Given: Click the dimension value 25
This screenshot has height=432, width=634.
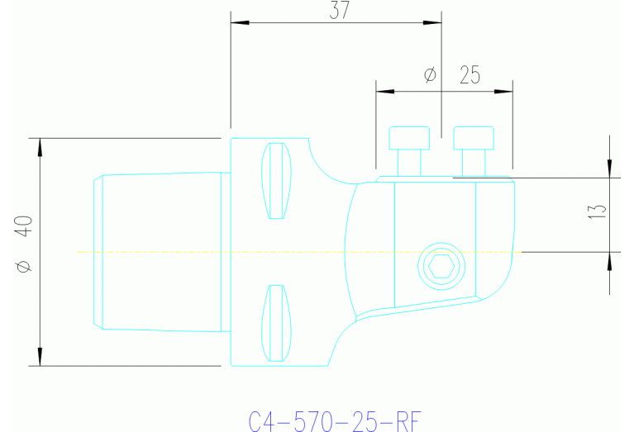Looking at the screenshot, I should (x=470, y=75).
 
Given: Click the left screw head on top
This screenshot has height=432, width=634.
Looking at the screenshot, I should (x=410, y=138).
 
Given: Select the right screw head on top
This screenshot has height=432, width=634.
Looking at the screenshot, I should (x=474, y=138).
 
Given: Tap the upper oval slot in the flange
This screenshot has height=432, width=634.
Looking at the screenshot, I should (x=277, y=180).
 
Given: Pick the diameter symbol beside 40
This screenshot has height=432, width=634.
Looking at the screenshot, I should (x=23, y=266).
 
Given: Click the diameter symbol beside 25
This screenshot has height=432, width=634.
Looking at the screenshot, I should (x=430, y=75).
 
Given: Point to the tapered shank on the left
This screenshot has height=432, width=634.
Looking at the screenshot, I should (x=161, y=251).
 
